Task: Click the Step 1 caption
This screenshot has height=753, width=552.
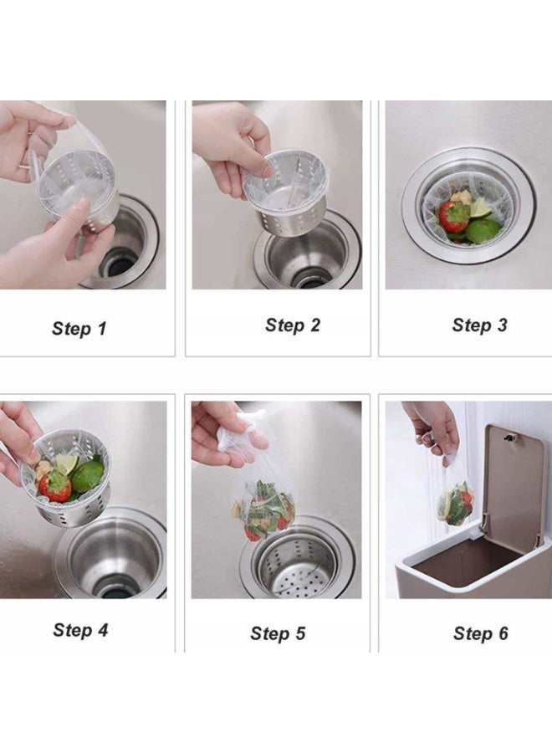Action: (x=79, y=328)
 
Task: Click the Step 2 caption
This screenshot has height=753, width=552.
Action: (x=293, y=325)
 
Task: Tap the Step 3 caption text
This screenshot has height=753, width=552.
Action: (x=479, y=325)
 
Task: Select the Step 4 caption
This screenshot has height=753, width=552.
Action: (x=80, y=630)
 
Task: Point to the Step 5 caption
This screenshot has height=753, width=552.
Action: (x=278, y=633)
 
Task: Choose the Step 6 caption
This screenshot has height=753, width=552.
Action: (x=480, y=633)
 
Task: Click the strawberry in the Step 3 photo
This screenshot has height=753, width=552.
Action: (x=454, y=217)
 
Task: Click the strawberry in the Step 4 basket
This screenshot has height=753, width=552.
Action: (x=55, y=486)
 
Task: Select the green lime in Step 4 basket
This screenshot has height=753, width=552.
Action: (x=87, y=475)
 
